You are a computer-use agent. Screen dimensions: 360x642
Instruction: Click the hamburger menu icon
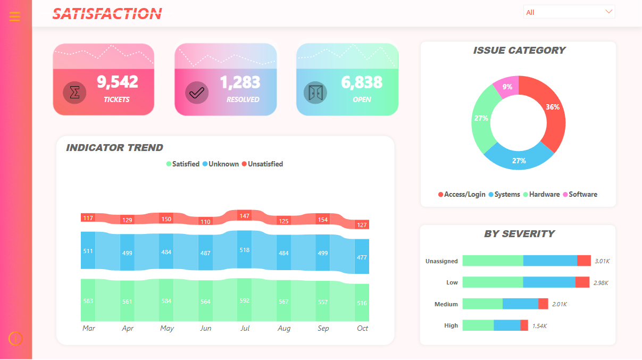15,16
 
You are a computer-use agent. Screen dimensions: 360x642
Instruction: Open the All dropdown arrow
608,12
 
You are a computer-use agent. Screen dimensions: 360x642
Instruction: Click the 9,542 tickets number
117,82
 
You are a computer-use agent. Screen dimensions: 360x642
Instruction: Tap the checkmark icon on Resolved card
197,93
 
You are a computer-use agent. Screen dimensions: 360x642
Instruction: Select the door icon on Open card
315,93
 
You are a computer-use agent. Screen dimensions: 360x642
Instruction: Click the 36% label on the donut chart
552,107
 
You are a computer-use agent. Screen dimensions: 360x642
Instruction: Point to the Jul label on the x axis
245,329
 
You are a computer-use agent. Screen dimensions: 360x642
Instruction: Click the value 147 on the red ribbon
244,216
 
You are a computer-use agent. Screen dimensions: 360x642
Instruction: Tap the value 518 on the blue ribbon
244,249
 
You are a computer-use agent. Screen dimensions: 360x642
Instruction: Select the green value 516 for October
362,303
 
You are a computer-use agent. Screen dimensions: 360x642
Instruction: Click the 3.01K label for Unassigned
602,261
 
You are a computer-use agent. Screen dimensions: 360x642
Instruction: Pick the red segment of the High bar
524,325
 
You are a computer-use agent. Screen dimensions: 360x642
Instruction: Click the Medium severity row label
446,304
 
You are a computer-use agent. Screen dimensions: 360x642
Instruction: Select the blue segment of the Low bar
549,282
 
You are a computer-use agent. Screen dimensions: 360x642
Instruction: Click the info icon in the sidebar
15,338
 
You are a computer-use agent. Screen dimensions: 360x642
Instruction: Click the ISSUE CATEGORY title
519,51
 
